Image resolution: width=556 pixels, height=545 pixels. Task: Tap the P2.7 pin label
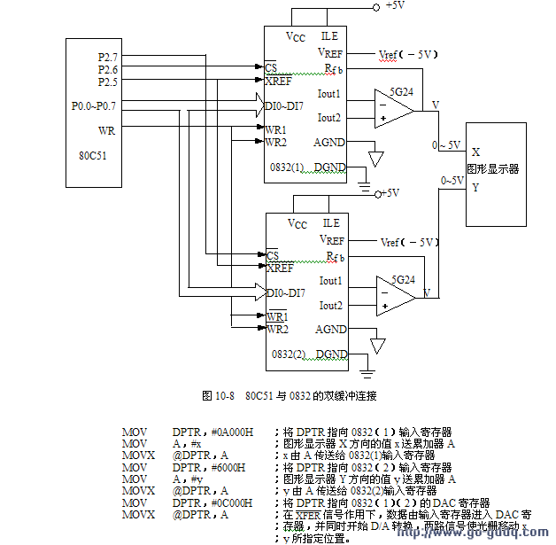[x=108, y=57]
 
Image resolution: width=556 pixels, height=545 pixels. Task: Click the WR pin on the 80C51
[x=106, y=130]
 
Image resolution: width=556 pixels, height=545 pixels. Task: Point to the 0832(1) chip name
[x=287, y=167]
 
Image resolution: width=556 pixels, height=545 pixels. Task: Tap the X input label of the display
[x=476, y=152]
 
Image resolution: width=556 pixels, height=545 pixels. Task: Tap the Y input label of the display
[x=476, y=187]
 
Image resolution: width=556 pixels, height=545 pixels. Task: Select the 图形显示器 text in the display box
[x=493, y=168]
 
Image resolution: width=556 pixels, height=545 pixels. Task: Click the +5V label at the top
[x=395, y=5]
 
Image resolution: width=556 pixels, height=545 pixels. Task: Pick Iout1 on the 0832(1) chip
[x=329, y=93]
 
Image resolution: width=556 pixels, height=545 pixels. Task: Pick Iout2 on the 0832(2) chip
[x=329, y=305]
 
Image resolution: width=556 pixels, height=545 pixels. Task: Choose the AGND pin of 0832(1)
[x=330, y=143]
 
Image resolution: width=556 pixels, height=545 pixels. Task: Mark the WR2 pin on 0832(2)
[x=277, y=330]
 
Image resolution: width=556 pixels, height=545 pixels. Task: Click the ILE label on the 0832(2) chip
[x=331, y=223]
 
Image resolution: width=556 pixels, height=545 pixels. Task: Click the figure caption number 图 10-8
[x=218, y=393]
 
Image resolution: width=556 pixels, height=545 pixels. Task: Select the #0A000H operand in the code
[x=212, y=432]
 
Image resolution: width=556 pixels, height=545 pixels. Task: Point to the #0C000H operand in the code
[x=212, y=502]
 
